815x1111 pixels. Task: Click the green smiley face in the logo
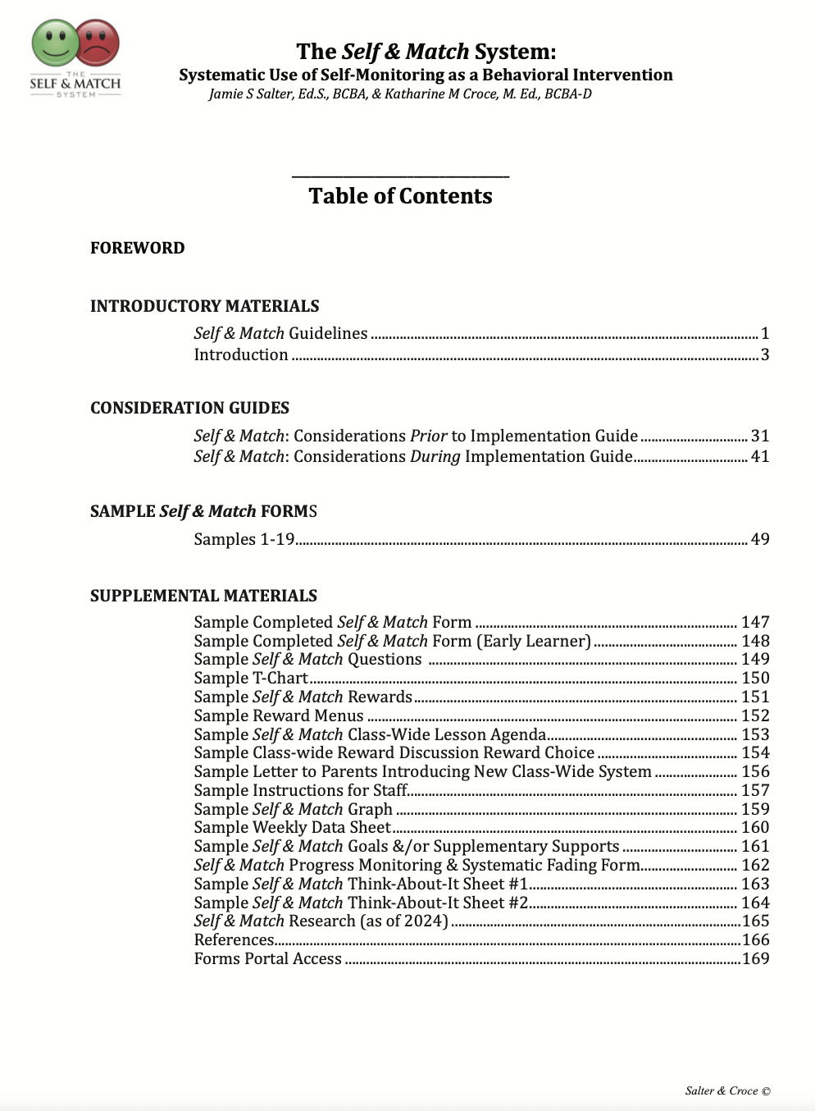(55, 43)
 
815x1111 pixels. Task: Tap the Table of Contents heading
(400, 196)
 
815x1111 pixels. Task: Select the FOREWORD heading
(138, 248)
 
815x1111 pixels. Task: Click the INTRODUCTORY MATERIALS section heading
(205, 306)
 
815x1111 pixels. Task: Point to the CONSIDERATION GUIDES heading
(189, 408)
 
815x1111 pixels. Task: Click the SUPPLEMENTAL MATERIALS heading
(203, 596)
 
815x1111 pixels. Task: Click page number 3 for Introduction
(765, 354)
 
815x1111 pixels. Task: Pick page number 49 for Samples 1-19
(760, 539)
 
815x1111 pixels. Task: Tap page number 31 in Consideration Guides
(760, 436)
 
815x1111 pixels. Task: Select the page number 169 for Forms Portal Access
(755, 958)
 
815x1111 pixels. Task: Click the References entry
(234, 940)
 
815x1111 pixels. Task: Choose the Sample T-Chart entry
(251, 678)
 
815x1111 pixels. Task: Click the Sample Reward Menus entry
(279, 716)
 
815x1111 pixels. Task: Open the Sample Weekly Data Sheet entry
(292, 827)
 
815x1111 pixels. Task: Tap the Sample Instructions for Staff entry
(300, 790)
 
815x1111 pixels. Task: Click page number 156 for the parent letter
(755, 771)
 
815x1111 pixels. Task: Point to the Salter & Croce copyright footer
(727, 1090)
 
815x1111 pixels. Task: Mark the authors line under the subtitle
(400, 94)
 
